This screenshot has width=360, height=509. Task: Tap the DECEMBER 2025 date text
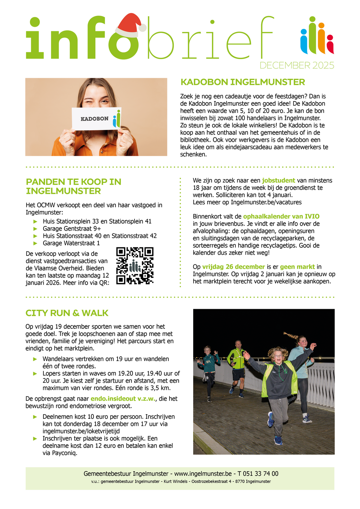297,65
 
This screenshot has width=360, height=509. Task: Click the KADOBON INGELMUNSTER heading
242,82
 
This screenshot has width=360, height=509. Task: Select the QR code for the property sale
135,266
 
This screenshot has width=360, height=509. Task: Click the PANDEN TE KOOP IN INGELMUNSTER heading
73,186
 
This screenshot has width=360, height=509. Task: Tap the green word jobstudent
278,181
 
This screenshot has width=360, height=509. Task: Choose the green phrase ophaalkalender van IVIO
281,216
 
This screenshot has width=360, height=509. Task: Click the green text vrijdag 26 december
233,267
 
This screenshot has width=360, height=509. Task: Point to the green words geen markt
297,267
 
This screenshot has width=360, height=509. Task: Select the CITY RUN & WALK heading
67,313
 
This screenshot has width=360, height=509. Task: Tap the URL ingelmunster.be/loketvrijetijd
81,431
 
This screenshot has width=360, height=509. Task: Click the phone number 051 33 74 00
258,474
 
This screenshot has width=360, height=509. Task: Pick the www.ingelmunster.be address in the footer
203,474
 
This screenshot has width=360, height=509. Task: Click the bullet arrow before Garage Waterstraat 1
35,243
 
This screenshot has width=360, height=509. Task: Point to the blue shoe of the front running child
271,419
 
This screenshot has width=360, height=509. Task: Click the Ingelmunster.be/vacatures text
266,202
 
